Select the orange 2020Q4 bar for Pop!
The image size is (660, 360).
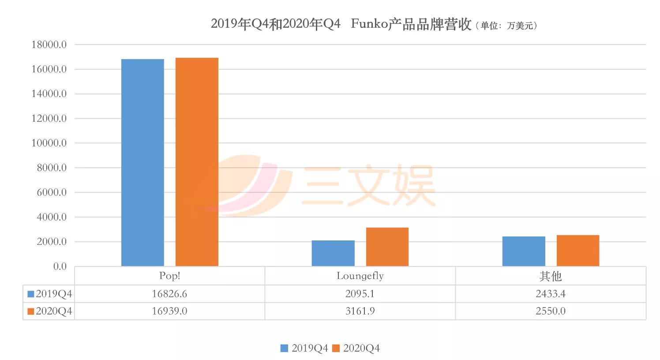pos(197,162)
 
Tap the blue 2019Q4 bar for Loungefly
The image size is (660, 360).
pos(333,253)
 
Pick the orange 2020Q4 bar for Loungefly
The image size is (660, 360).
pos(387,247)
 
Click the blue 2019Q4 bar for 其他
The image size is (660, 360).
pos(524,251)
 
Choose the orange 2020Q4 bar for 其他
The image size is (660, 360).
pos(578,251)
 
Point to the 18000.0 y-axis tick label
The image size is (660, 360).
pos(49,45)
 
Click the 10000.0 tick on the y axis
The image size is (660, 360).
pos(49,143)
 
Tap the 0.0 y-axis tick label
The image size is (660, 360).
pos(60,266)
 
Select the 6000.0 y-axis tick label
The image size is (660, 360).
pos(52,192)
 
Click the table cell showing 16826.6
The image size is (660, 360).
pos(169,294)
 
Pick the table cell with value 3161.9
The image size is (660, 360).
pos(360,311)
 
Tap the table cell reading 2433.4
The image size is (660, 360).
pos(551,294)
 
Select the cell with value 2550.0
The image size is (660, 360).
pos(551,311)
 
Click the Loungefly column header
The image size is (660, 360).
pos(360,276)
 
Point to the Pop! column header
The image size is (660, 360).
pos(169,276)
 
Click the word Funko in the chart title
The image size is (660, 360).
pos(369,24)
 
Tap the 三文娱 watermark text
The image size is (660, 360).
pos(369,186)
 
